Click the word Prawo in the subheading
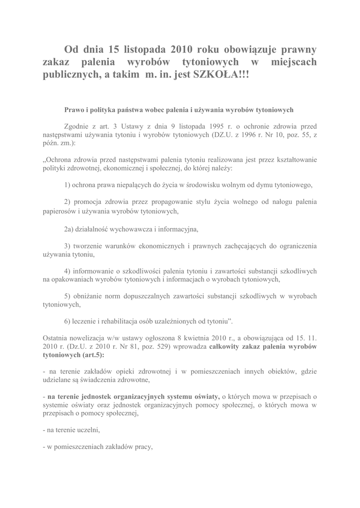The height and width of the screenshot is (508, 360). click(75, 110)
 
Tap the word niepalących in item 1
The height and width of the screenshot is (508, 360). click(133, 185)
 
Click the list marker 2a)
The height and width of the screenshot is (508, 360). click(69, 229)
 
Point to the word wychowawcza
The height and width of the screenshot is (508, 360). click(132, 229)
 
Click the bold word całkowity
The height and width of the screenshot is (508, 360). click(226, 346)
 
